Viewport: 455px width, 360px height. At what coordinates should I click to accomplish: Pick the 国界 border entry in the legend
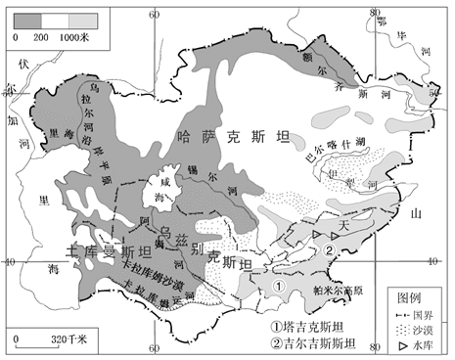tap(412, 314)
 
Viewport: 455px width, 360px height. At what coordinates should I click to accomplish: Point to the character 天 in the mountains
tap(342, 225)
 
